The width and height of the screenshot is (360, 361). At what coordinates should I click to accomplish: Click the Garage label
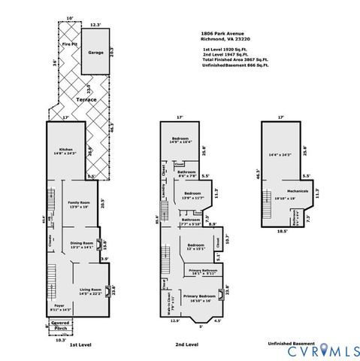tap(96, 53)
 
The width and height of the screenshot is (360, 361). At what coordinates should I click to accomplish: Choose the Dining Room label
tap(82, 244)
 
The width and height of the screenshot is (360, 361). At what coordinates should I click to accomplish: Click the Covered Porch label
tap(62, 325)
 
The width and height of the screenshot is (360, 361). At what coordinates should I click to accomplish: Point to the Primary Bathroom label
tap(203, 272)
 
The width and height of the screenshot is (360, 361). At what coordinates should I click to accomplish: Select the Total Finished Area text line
tap(234, 59)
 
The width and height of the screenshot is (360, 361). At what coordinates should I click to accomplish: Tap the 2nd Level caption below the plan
tap(186, 344)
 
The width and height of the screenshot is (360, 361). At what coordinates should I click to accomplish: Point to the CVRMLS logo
tap(322, 350)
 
